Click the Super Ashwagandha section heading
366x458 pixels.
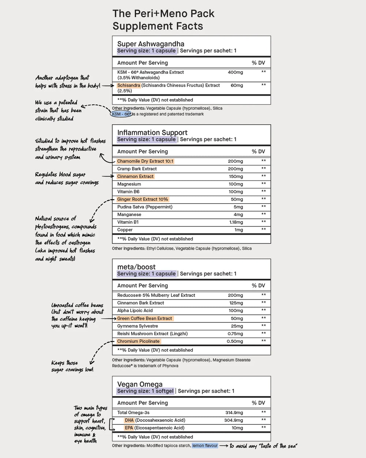150,44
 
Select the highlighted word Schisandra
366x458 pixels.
128,86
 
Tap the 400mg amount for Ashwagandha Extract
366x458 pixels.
235,72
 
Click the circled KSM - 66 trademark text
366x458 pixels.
122,114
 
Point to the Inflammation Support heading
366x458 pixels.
152,132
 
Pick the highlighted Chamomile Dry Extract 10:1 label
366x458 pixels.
145,161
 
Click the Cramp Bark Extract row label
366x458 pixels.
137,169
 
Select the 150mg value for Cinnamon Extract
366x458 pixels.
236,177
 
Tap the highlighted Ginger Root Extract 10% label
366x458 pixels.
142,200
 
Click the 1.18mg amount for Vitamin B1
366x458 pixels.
236,222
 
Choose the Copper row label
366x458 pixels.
125,230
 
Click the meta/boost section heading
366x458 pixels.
136,267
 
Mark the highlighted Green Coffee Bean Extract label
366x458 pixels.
144,319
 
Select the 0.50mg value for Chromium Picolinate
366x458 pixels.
235,341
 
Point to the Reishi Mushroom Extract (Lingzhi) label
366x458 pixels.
152,334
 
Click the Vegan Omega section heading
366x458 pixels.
140,384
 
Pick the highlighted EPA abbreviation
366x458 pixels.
129,428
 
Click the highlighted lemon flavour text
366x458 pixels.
205,446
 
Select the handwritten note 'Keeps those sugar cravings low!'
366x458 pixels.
72,366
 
